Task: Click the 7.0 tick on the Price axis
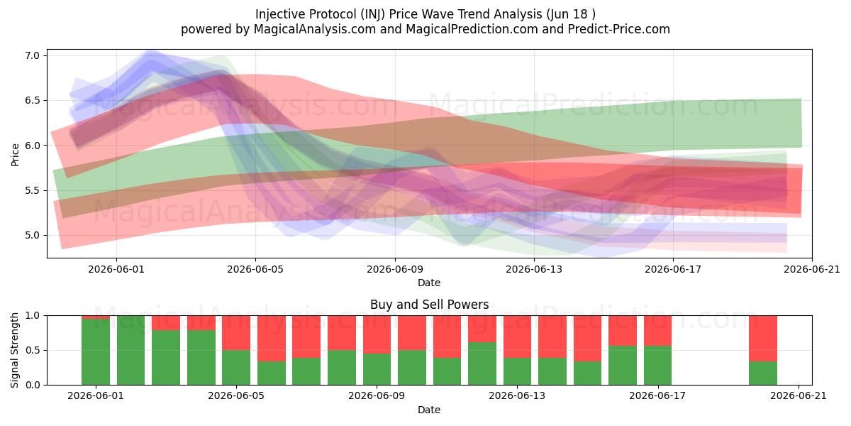coord(33,55)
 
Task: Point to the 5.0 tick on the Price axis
coord(33,235)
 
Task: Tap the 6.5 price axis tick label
coord(33,100)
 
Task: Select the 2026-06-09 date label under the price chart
coord(395,269)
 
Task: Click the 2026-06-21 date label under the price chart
coord(812,269)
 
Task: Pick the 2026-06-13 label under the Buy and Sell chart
coord(517,396)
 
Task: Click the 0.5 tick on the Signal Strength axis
coord(33,350)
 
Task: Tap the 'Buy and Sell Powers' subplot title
coord(429,305)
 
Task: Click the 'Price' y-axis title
coord(15,155)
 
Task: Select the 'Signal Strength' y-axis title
coord(14,350)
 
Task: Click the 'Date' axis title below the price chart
coord(429,283)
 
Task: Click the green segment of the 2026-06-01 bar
coord(96,352)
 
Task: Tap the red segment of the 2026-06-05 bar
coord(236,333)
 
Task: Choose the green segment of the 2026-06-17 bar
coord(657,366)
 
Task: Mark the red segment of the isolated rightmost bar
coord(763,339)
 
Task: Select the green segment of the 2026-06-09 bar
coord(377,369)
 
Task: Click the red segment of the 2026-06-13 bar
coord(517,337)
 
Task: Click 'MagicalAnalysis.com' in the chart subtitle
coord(315,29)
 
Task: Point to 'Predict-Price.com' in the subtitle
coord(619,29)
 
